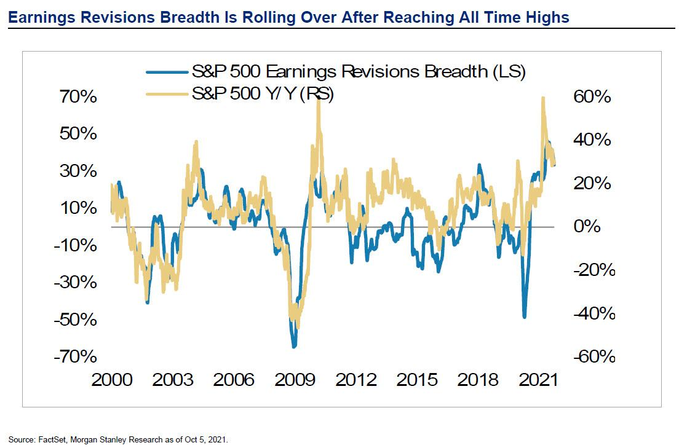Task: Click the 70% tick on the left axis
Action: [76, 97]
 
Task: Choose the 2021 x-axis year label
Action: [537, 379]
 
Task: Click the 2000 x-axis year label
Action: [112, 379]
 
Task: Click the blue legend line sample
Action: [166, 73]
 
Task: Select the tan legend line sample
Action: [166, 94]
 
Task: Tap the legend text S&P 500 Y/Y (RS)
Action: [263, 94]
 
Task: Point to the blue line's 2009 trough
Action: [294, 347]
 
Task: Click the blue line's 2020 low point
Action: [525, 317]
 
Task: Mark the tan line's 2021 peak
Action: [542, 98]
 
